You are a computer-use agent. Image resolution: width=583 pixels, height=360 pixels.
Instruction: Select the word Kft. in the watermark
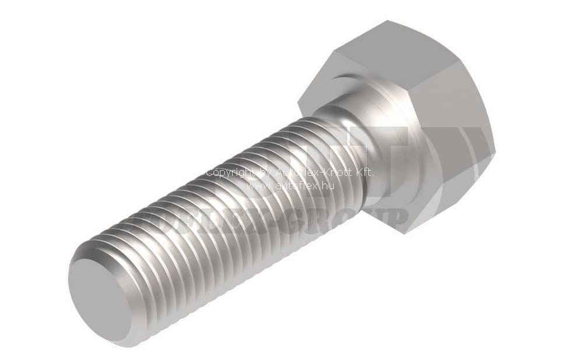[363, 173]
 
